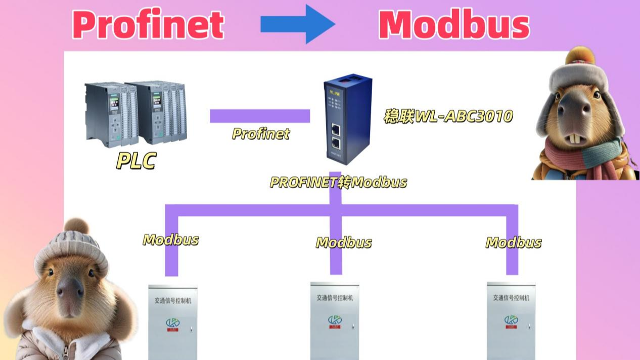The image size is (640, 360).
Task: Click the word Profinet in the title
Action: [148, 25]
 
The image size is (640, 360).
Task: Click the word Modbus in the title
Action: [453, 25]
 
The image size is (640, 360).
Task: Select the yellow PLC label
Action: [136, 160]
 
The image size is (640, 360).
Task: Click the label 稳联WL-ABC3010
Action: [448, 117]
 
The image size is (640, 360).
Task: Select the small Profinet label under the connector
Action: [261, 134]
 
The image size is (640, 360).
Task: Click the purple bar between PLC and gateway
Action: [260, 116]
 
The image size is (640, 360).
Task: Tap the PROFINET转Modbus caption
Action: [338, 182]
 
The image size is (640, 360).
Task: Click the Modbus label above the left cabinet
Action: [171, 240]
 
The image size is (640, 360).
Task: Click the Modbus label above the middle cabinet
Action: [344, 243]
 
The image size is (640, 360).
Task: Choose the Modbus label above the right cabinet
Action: [514, 243]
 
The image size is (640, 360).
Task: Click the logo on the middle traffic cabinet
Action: [335, 321]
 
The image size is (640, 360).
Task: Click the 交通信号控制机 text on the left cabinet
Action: [173, 300]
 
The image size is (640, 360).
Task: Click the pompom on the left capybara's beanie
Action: [76, 226]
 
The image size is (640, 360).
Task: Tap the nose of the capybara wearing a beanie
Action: [70, 290]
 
